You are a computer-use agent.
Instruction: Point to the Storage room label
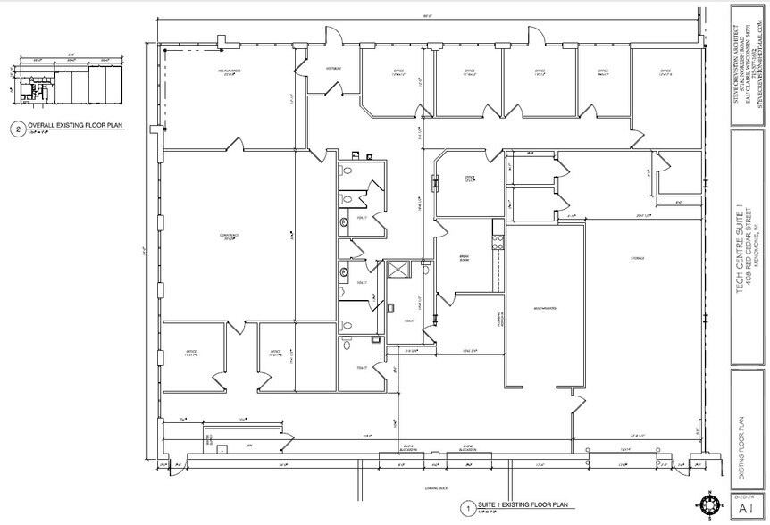[x=637, y=258]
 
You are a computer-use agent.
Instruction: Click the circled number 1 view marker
[x=466, y=509]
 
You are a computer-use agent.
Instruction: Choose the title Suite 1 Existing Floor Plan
[x=523, y=506]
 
